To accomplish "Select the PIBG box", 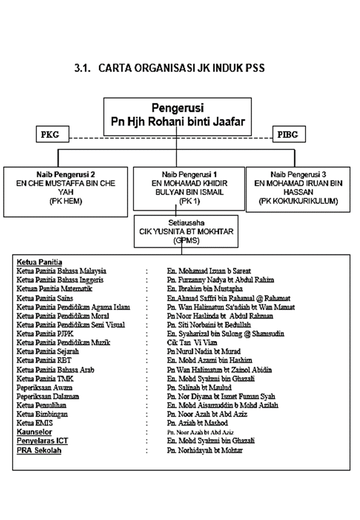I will [x=288, y=134].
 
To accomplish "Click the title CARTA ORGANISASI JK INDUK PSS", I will [x=169, y=68].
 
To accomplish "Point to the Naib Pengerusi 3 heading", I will [x=298, y=174].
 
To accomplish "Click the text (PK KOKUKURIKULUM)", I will [x=298, y=201].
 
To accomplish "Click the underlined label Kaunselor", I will [x=34, y=431].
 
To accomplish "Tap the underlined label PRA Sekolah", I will [x=39, y=450].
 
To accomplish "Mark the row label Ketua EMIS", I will [x=35, y=423].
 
